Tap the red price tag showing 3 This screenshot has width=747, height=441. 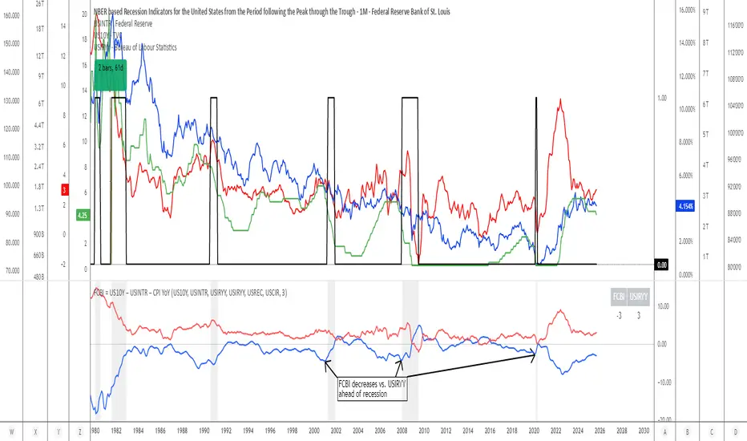click(65, 190)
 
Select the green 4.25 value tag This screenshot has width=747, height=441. click(82, 215)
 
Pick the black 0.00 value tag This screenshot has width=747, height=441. click(662, 265)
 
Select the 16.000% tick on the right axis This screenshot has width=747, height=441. click(668, 10)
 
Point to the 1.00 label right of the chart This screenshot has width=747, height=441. click(662, 98)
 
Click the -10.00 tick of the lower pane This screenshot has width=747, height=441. click(663, 382)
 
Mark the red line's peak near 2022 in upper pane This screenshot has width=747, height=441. click(559, 99)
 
